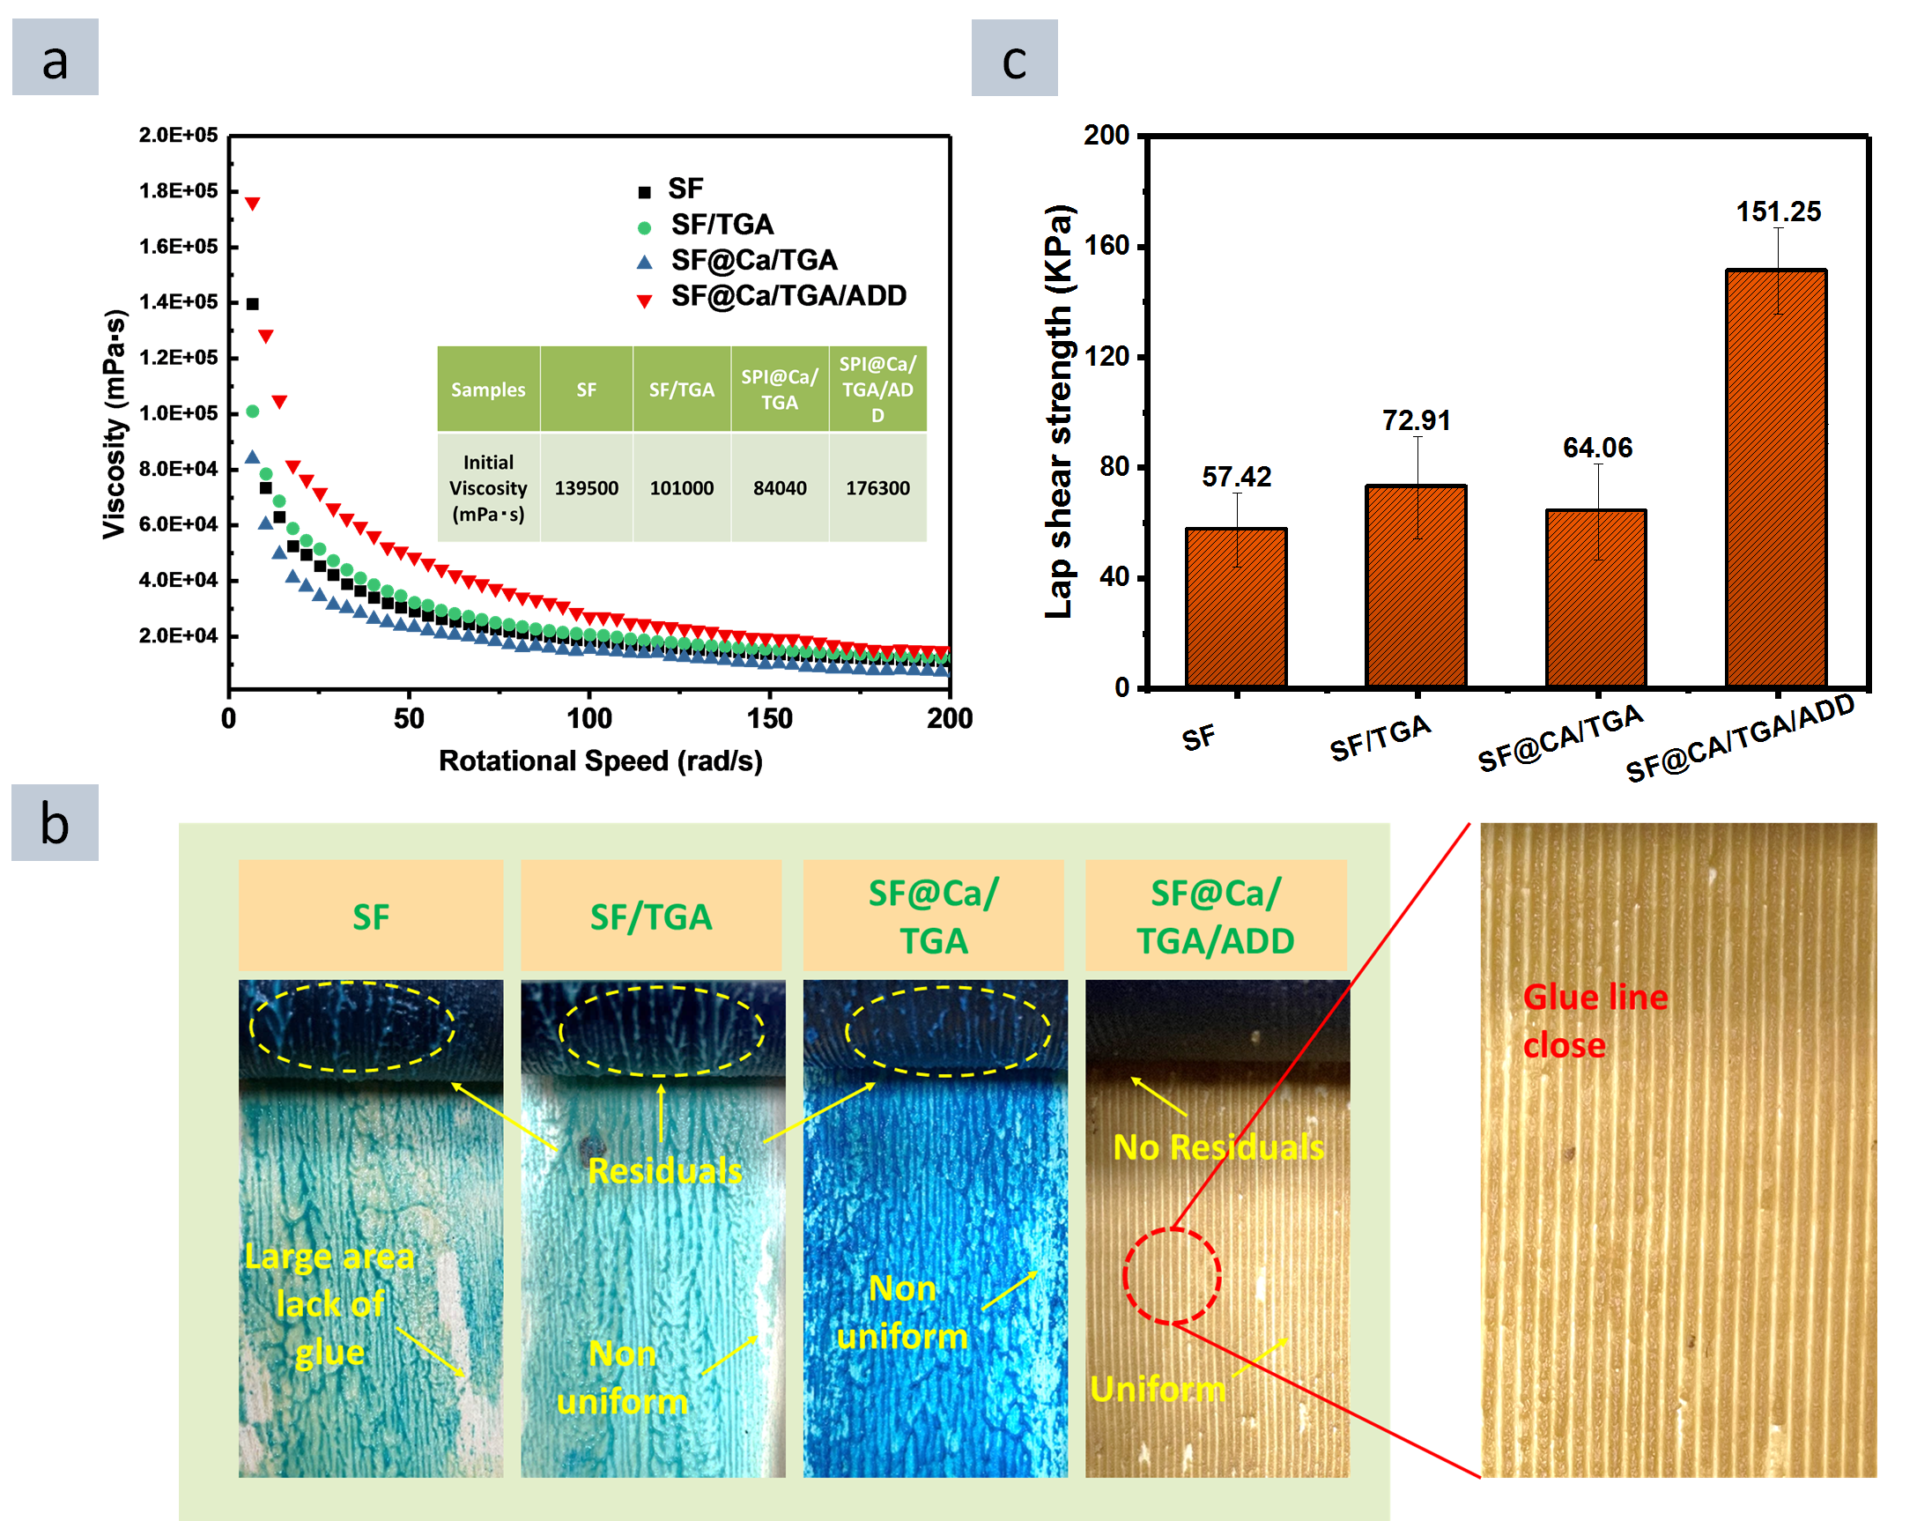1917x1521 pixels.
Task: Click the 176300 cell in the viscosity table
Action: [x=877, y=487]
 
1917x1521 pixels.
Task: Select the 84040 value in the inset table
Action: [x=779, y=487]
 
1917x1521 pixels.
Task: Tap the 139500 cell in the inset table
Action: [x=586, y=487]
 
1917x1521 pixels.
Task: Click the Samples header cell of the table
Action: [x=487, y=390]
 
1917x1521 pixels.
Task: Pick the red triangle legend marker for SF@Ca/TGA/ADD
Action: [x=645, y=300]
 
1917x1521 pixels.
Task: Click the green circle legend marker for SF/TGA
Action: [x=645, y=227]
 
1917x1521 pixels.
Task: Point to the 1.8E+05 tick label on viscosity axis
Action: [x=178, y=190]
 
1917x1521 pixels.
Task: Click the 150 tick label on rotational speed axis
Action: [x=769, y=718]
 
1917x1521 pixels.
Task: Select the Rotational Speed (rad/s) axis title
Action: [x=600, y=760]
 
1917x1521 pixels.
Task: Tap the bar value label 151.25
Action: [x=1779, y=211]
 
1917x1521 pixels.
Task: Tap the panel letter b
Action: [x=55, y=823]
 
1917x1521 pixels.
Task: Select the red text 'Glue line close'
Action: [x=1595, y=1020]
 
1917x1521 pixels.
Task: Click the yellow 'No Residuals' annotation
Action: [x=1218, y=1146]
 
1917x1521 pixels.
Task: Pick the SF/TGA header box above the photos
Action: [x=651, y=916]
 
